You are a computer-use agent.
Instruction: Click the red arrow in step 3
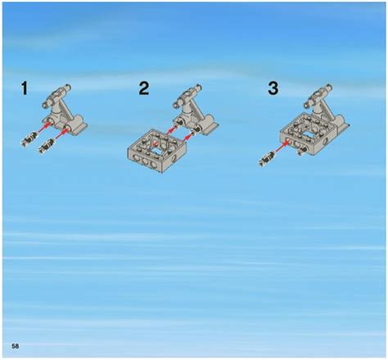pos(281,146)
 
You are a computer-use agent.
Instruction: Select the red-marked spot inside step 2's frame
pos(161,139)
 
